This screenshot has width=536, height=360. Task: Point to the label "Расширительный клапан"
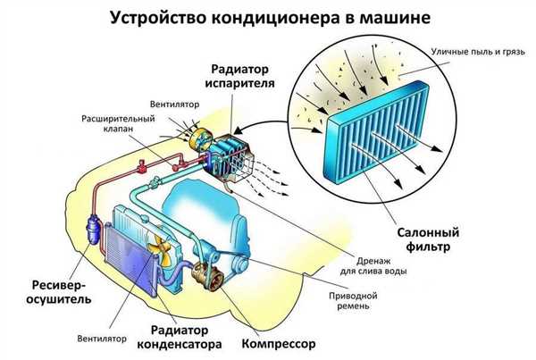point(117,123)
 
